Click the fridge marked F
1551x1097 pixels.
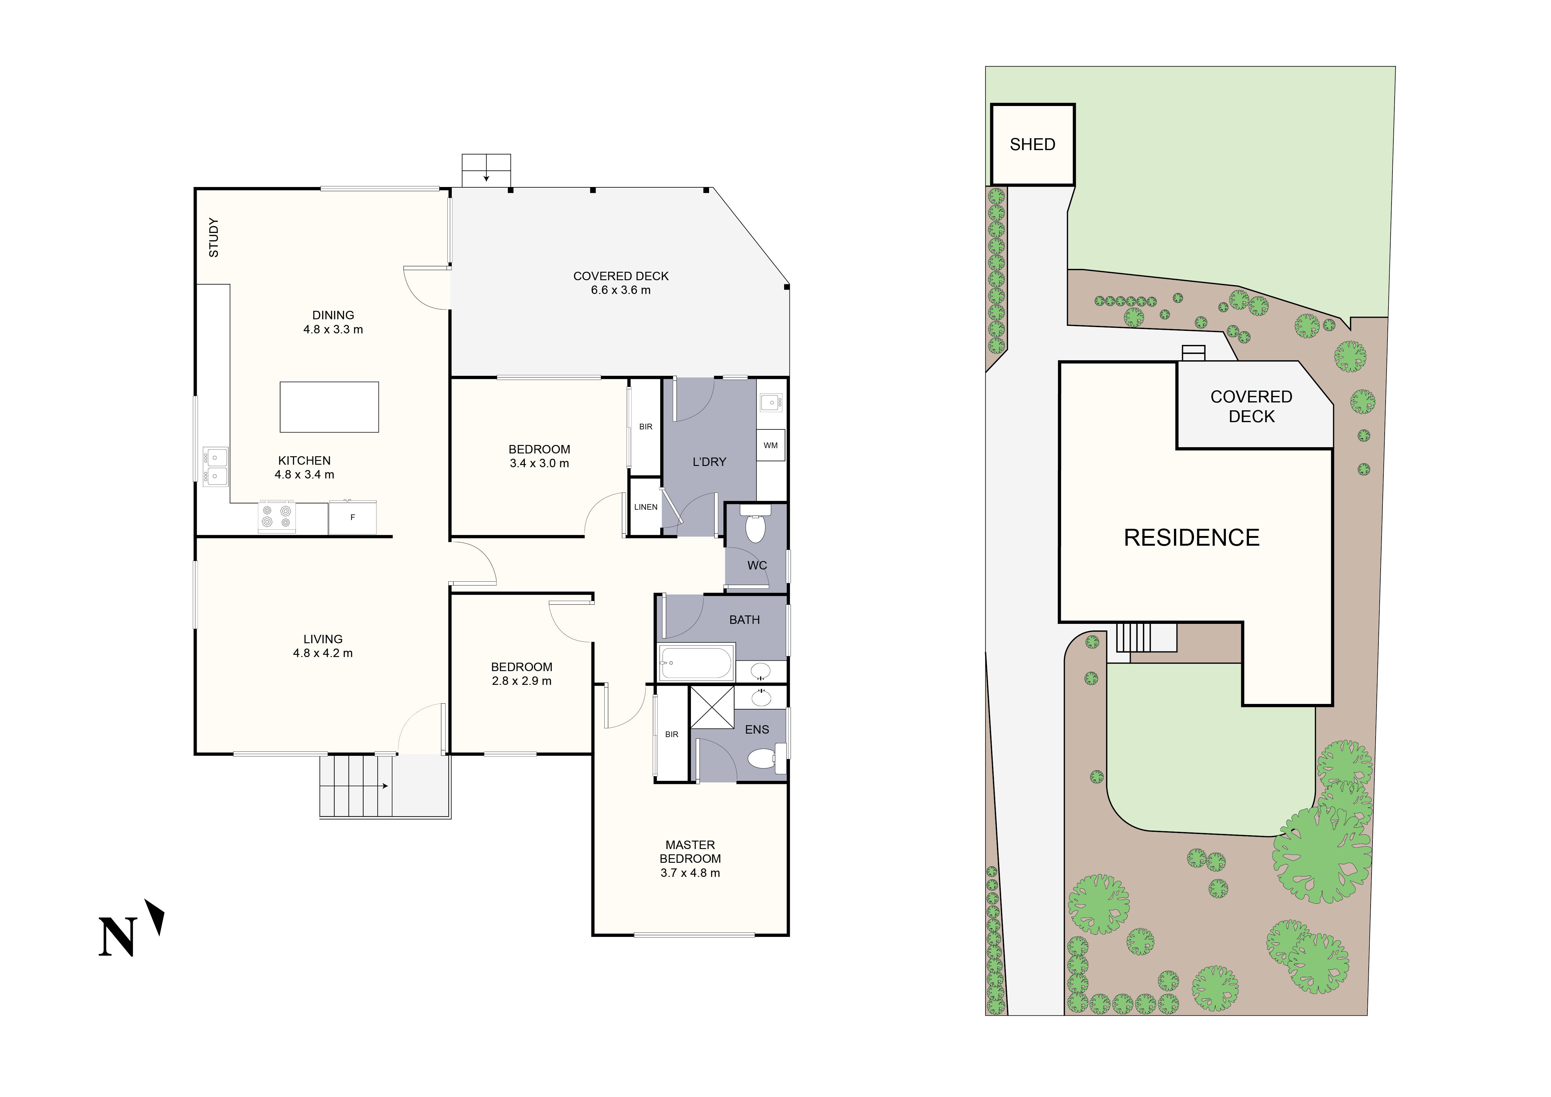pyautogui.click(x=352, y=518)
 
